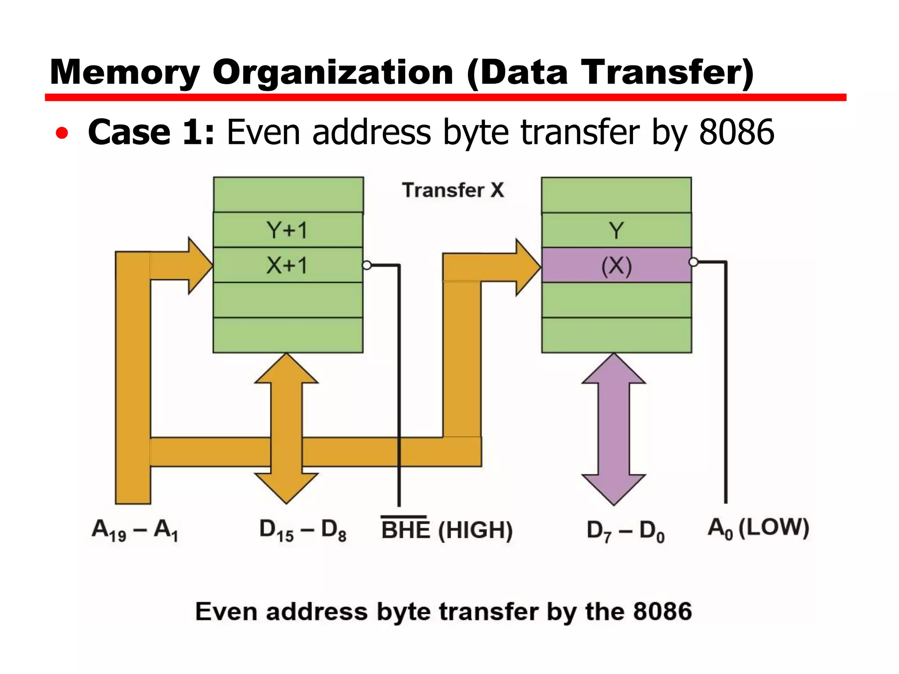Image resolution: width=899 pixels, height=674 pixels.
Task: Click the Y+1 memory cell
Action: click(288, 230)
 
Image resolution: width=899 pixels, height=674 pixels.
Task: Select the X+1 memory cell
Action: click(288, 265)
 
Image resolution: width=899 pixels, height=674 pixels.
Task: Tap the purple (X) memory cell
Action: click(616, 265)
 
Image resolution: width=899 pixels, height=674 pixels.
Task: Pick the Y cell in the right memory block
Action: click(616, 230)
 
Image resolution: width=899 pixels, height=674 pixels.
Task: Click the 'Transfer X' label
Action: click(453, 190)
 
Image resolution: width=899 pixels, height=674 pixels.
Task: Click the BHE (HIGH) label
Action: click(447, 529)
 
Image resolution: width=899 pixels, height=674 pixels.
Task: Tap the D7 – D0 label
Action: click(626, 531)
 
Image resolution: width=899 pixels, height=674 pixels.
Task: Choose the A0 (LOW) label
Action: click(759, 528)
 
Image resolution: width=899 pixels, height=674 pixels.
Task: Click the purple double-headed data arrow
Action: click(614, 429)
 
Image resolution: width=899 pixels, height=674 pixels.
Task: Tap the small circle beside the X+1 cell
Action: click(367, 265)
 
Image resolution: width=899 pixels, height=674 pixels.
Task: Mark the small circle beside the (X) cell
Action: click(694, 262)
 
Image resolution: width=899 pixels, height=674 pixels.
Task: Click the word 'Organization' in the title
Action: click(333, 72)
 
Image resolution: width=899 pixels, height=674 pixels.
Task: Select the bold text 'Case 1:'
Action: click(151, 132)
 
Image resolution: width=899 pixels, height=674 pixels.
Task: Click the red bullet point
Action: click(62, 133)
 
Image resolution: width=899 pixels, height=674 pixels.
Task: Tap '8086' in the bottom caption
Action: click(663, 612)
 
